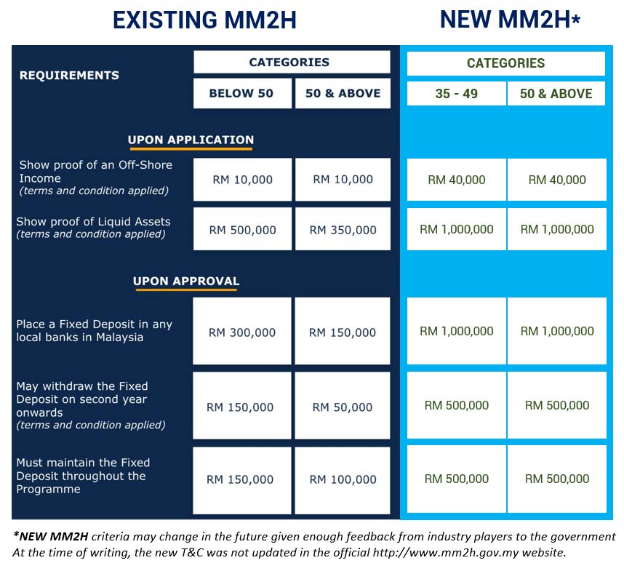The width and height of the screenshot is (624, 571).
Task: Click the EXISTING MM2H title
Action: click(204, 20)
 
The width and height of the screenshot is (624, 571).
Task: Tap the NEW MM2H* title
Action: click(509, 20)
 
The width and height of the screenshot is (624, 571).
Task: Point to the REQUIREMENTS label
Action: click(69, 75)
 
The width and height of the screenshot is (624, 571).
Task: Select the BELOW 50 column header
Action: click(241, 93)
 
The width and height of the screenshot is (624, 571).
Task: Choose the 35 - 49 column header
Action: click(456, 94)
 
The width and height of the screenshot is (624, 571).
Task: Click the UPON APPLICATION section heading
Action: click(191, 140)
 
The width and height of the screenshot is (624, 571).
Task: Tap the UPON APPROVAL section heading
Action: click(186, 281)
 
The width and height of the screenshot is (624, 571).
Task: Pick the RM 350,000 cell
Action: click(343, 230)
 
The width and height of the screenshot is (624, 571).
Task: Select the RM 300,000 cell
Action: click(242, 332)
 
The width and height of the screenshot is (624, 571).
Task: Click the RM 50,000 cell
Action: click(343, 407)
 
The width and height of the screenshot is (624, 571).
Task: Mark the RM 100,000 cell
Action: click(343, 479)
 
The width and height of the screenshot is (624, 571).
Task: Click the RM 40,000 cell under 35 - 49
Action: click(456, 180)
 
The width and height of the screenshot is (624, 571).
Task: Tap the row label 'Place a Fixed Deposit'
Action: click(94, 331)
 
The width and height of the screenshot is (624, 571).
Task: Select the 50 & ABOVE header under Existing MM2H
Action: click(343, 93)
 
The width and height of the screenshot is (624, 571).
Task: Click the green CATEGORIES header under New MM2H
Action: click(505, 63)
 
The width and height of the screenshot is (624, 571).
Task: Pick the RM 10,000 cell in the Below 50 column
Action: click(242, 180)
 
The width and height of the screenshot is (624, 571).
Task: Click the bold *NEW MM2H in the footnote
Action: click(50, 537)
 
